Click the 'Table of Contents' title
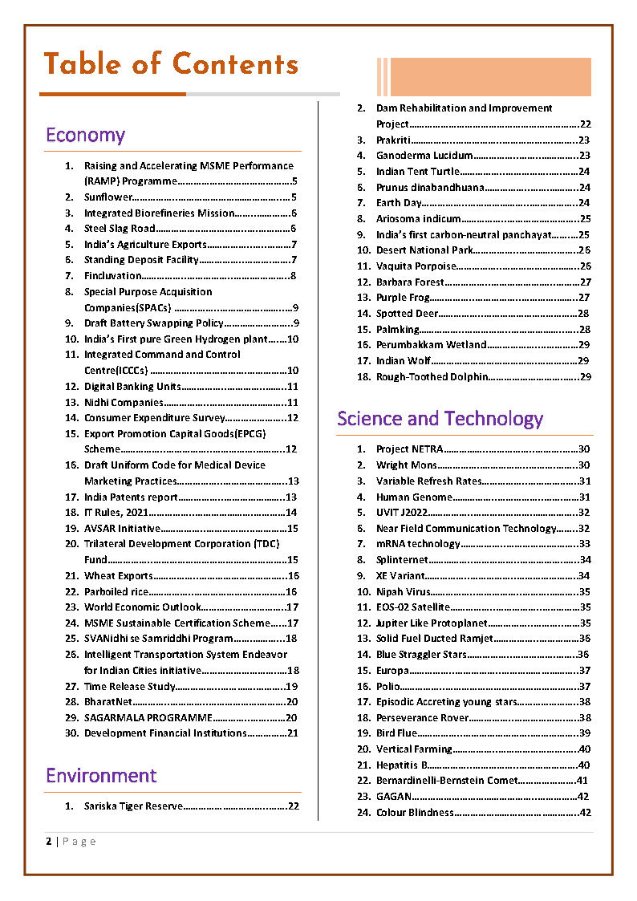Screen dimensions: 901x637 coord(170,64)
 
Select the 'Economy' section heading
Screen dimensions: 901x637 coord(85,135)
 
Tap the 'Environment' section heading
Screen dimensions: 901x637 coord(101,775)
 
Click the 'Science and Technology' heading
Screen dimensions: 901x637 coord(440,418)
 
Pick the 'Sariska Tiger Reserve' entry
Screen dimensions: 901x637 coord(133,806)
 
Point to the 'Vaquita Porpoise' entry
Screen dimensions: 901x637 coord(416,266)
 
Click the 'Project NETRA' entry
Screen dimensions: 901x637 coord(408,449)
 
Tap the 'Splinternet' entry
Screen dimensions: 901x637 coord(402,560)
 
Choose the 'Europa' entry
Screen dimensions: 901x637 coord(392,671)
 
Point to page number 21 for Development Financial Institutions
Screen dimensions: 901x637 coord(293,733)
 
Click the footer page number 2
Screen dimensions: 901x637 coord(49,842)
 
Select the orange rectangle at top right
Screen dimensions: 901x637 coord(489,77)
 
